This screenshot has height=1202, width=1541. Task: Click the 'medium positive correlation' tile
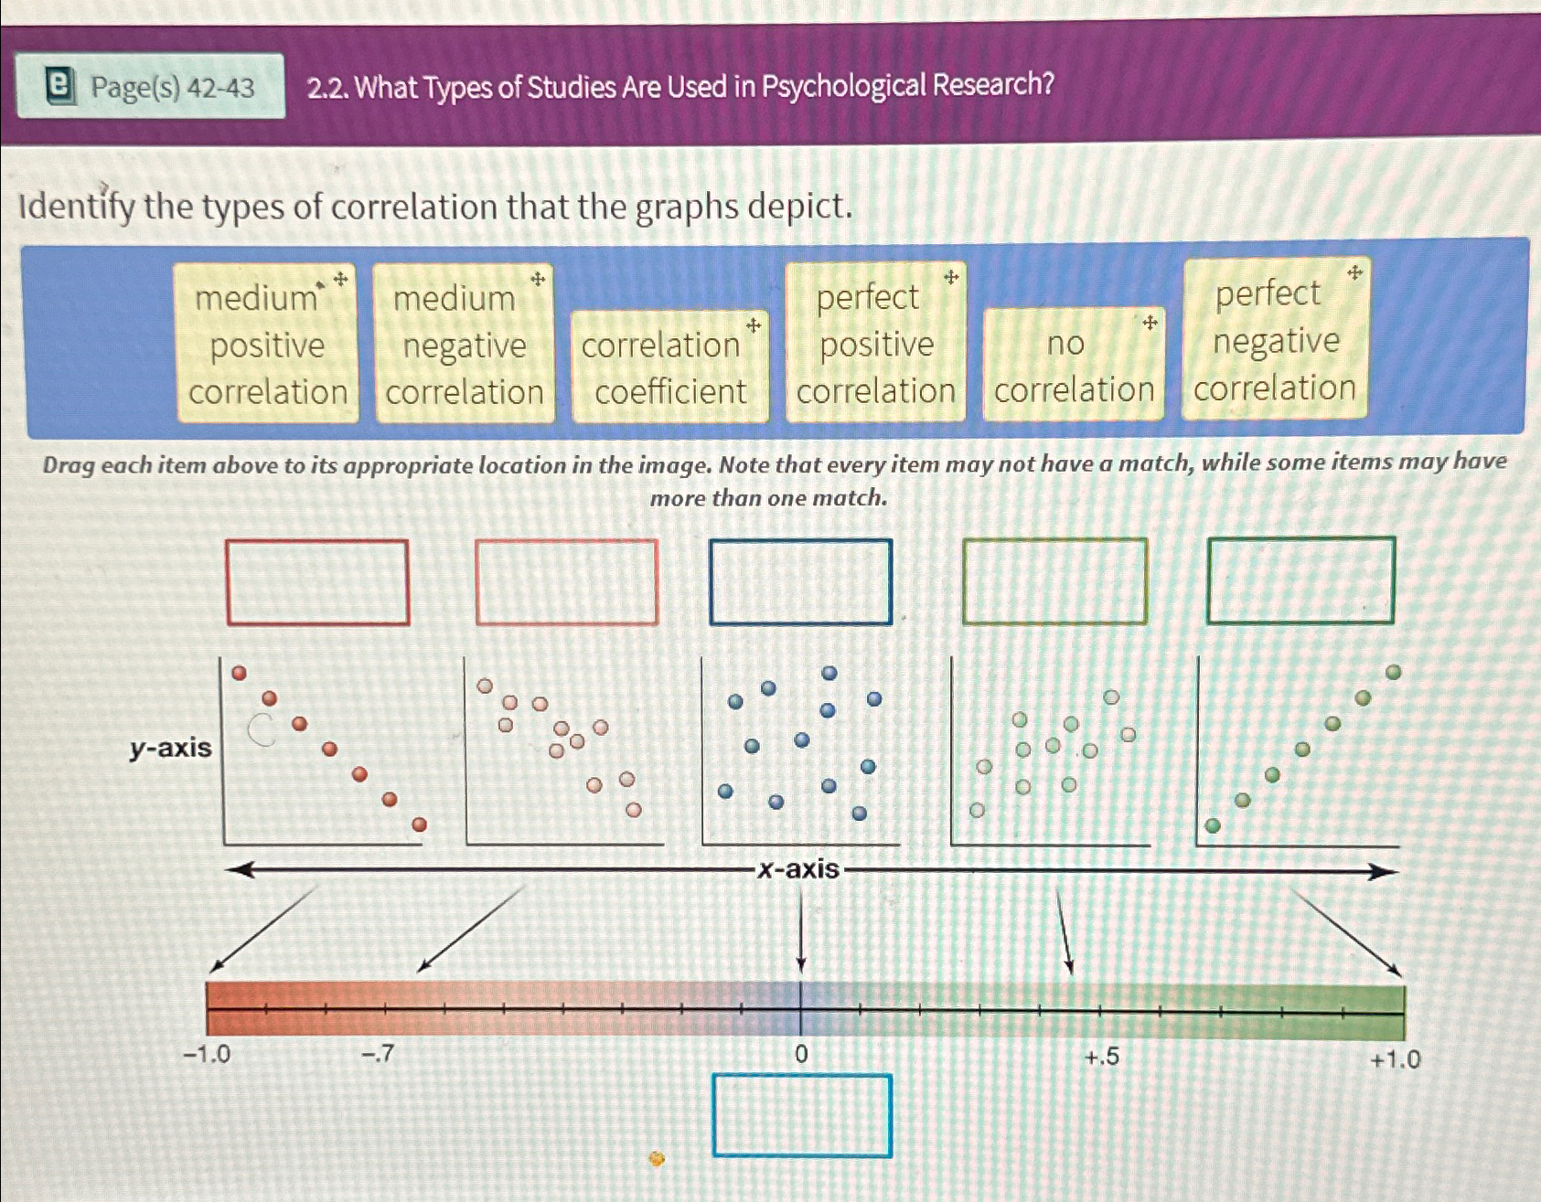pyautogui.click(x=267, y=344)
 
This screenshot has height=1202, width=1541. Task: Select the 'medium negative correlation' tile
pyautogui.click(x=464, y=345)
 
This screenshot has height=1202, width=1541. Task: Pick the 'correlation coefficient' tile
pyautogui.click(x=669, y=367)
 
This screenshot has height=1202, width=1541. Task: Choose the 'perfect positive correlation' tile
pyautogui.click(x=875, y=343)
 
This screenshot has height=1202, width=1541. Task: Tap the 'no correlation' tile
pyautogui.click(x=1074, y=366)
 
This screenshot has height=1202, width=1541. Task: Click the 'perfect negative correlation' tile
pyautogui.click(x=1274, y=340)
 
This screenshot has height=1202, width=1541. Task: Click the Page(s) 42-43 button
pyautogui.click(x=151, y=87)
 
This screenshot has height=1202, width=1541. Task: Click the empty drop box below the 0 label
pyautogui.click(x=801, y=1116)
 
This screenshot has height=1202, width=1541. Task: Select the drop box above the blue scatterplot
pyautogui.click(x=800, y=582)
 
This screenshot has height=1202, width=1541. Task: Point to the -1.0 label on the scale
pyautogui.click(x=207, y=1054)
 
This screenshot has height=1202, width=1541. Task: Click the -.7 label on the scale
pyautogui.click(x=377, y=1054)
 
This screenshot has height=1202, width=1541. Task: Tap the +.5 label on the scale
pyautogui.click(x=1101, y=1057)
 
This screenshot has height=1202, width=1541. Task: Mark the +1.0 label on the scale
pyautogui.click(x=1395, y=1059)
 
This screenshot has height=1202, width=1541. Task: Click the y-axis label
pyautogui.click(x=170, y=748)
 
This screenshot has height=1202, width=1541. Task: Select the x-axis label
pyautogui.click(x=798, y=868)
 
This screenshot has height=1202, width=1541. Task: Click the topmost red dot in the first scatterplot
pyautogui.click(x=239, y=673)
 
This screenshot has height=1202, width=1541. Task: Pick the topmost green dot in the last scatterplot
pyautogui.click(x=1393, y=672)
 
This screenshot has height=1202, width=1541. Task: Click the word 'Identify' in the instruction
pyautogui.click(x=77, y=207)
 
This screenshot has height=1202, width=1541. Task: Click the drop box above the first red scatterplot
pyautogui.click(x=317, y=582)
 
